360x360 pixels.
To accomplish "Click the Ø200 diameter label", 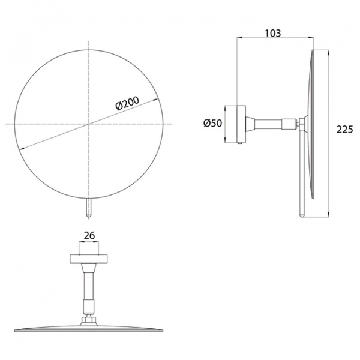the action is (127, 103).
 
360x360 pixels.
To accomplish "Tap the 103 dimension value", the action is (273, 33).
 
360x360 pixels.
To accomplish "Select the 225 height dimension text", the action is (344, 130).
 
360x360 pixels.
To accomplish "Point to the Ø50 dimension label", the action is (212, 123).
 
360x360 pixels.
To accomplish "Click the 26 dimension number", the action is (89, 235).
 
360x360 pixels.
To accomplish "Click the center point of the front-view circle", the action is (89, 124).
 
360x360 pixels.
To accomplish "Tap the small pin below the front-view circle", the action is (89, 208).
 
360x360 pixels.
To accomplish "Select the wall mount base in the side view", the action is (241, 124).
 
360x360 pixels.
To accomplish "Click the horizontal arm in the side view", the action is (269, 124).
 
